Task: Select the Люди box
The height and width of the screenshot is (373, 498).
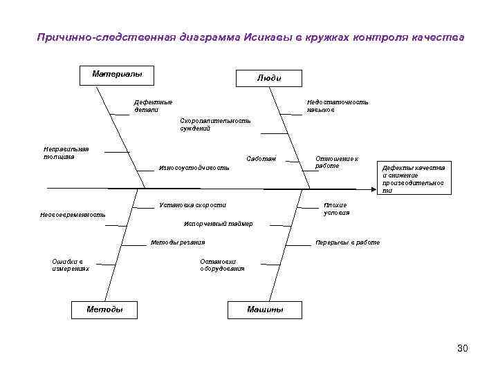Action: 268,78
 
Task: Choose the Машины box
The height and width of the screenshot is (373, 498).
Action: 265,309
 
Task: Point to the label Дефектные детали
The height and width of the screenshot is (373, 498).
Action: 154,106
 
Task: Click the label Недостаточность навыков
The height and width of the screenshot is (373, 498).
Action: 338,106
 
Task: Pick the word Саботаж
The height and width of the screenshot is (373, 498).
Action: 261,160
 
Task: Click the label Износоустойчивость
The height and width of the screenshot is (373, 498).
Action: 194,168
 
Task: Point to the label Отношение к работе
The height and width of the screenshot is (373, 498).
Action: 336,162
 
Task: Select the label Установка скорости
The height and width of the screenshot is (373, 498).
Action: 192,205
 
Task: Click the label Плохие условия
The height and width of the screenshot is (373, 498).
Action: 336,209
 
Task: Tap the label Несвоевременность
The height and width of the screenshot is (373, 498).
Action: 73,215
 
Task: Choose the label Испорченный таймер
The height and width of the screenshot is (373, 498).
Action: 218,224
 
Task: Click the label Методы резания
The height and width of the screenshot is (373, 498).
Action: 178,242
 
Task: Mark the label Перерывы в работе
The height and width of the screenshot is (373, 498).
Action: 347,243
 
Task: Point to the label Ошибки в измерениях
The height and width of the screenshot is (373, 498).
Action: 70,265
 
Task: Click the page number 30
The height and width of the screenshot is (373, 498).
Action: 462,348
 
